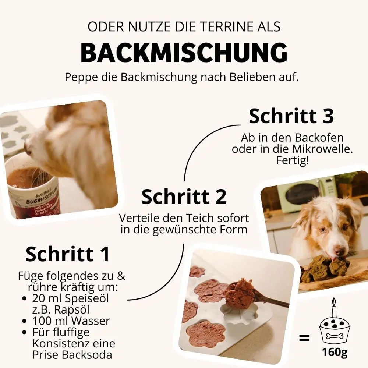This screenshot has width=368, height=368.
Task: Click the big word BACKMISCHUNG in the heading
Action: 184,53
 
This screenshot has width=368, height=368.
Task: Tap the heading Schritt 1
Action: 68,254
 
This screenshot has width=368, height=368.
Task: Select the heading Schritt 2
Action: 184,197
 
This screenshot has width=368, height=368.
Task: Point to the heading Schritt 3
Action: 291,116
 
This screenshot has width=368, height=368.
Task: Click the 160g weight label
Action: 335,352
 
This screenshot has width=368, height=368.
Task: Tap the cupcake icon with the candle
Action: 335,326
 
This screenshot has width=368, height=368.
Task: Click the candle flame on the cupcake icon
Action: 334,302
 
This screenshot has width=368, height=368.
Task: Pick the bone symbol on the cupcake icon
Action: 335,336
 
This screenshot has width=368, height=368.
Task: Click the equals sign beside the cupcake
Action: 304,337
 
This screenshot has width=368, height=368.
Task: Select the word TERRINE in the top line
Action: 209,27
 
